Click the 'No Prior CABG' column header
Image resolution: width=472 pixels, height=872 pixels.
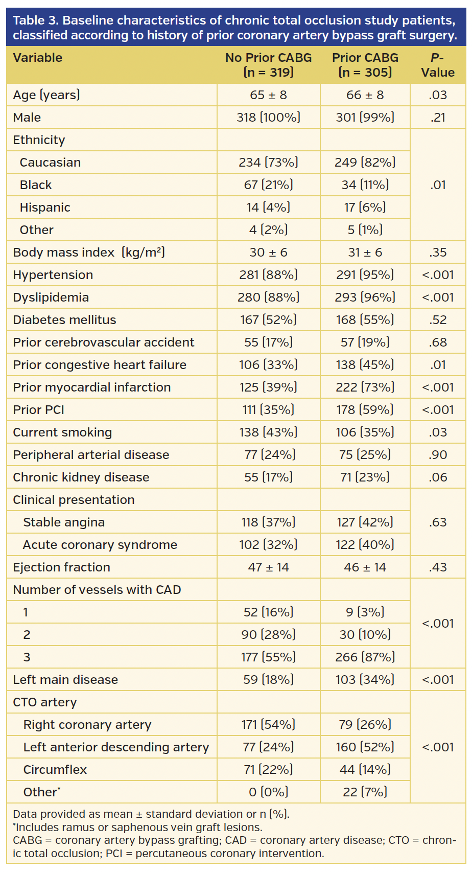tap(268, 64)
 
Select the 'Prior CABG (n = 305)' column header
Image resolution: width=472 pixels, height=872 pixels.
tap(365, 64)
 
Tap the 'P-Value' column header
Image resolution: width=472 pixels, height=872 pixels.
tap(438, 64)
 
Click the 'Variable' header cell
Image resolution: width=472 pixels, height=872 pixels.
tap(38, 58)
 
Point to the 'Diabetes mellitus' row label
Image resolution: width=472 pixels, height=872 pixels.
tap(64, 320)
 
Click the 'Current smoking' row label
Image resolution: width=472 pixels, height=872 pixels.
tap(62, 432)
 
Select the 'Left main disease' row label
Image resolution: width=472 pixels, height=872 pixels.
tap(65, 680)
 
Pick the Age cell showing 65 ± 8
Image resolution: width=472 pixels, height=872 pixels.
tap(268, 95)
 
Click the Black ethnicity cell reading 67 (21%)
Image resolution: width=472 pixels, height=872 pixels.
tap(268, 185)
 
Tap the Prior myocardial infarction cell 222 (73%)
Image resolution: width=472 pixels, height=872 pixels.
tap(365, 387)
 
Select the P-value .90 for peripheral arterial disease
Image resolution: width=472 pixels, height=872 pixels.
tap(438, 455)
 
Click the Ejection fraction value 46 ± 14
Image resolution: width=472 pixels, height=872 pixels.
tap(365, 567)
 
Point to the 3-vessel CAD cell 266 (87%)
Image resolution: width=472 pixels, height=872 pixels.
tap(365, 657)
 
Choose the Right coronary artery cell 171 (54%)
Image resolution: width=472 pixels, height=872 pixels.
tap(268, 725)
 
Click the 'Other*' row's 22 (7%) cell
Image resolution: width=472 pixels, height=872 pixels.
tap(365, 792)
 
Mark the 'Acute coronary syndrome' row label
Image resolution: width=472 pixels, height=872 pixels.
tap(100, 545)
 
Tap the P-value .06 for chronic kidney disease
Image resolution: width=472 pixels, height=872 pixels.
tap(438, 477)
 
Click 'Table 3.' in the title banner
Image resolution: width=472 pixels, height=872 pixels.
tap(36, 20)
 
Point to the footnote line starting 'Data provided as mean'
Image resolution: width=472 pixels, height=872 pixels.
tap(151, 814)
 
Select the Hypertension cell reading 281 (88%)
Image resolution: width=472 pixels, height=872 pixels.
tap(268, 275)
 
